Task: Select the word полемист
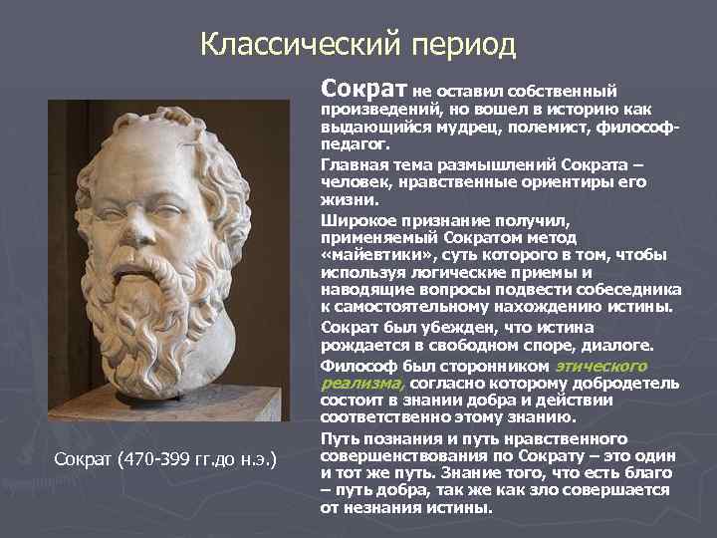[x=531, y=130]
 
